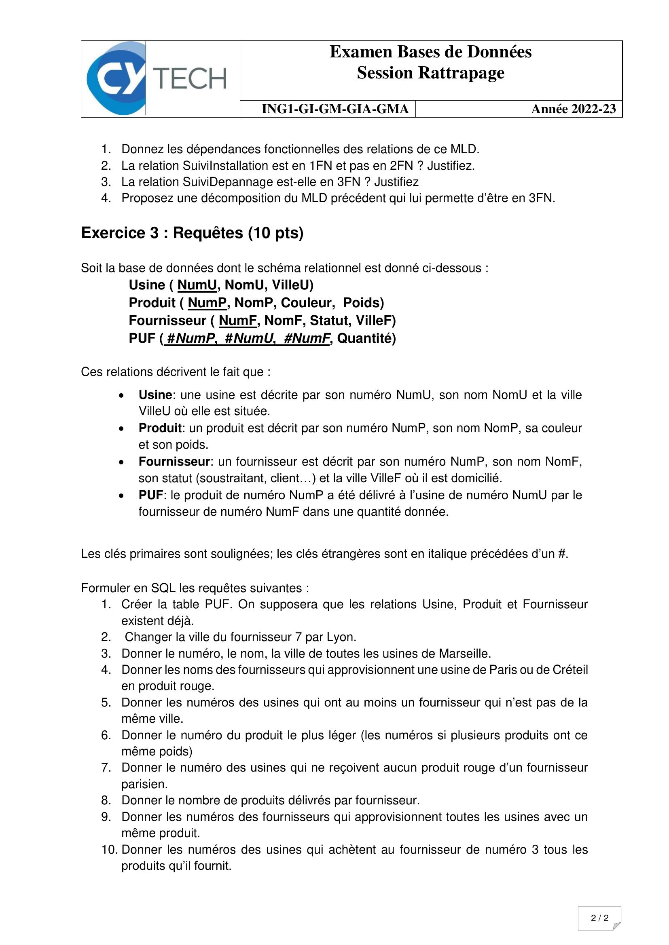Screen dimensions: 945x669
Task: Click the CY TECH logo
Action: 157,78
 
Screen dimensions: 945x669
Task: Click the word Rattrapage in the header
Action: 461,73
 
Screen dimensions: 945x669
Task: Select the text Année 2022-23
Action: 574,109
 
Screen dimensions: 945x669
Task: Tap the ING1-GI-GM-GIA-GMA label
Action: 335,109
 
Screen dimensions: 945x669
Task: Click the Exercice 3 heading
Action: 192,233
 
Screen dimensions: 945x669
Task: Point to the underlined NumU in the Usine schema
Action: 197,285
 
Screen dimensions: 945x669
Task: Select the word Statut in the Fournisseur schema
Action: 329,321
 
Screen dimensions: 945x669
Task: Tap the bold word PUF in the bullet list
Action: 151,495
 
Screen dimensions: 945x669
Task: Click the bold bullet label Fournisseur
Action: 174,462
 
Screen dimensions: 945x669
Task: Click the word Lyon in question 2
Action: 341,637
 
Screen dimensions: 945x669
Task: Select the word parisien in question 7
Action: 144,784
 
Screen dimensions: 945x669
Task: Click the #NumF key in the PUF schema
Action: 307,338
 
